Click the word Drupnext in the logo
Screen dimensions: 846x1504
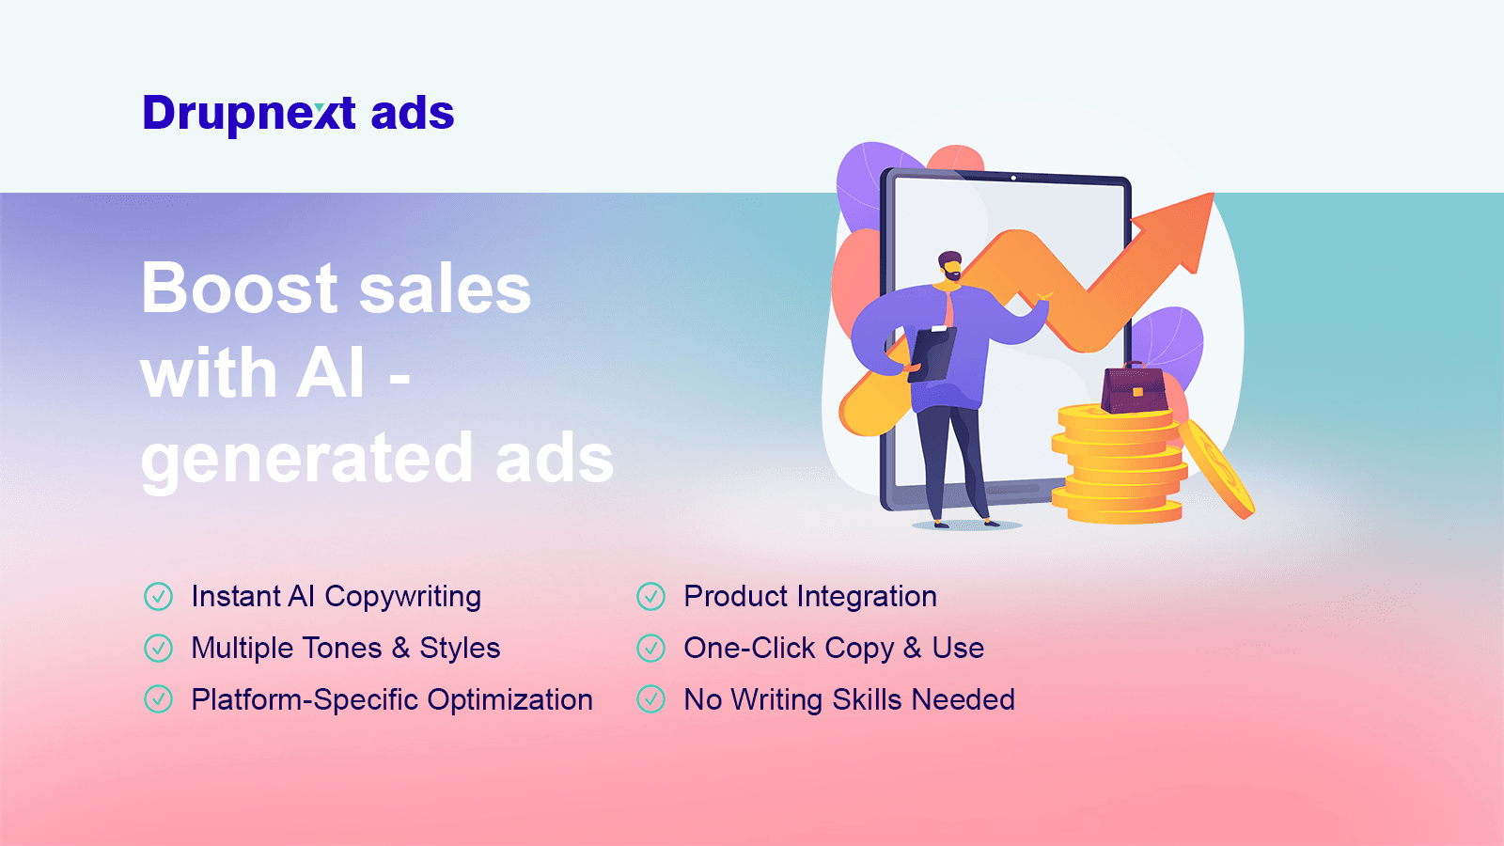(x=249, y=114)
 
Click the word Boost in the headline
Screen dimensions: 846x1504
(x=239, y=288)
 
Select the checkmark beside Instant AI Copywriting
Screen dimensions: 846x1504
(x=158, y=596)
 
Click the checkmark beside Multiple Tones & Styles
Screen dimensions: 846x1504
(x=158, y=648)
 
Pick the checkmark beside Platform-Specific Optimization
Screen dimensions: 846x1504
(x=158, y=699)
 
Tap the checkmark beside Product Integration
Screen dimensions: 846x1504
(x=650, y=596)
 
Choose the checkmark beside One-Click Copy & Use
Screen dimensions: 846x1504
(x=650, y=648)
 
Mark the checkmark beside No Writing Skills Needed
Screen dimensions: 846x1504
(x=650, y=699)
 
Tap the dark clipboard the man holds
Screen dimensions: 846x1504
(x=932, y=352)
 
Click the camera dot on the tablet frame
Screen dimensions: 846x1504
(x=1013, y=178)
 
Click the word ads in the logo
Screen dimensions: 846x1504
(x=413, y=114)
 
